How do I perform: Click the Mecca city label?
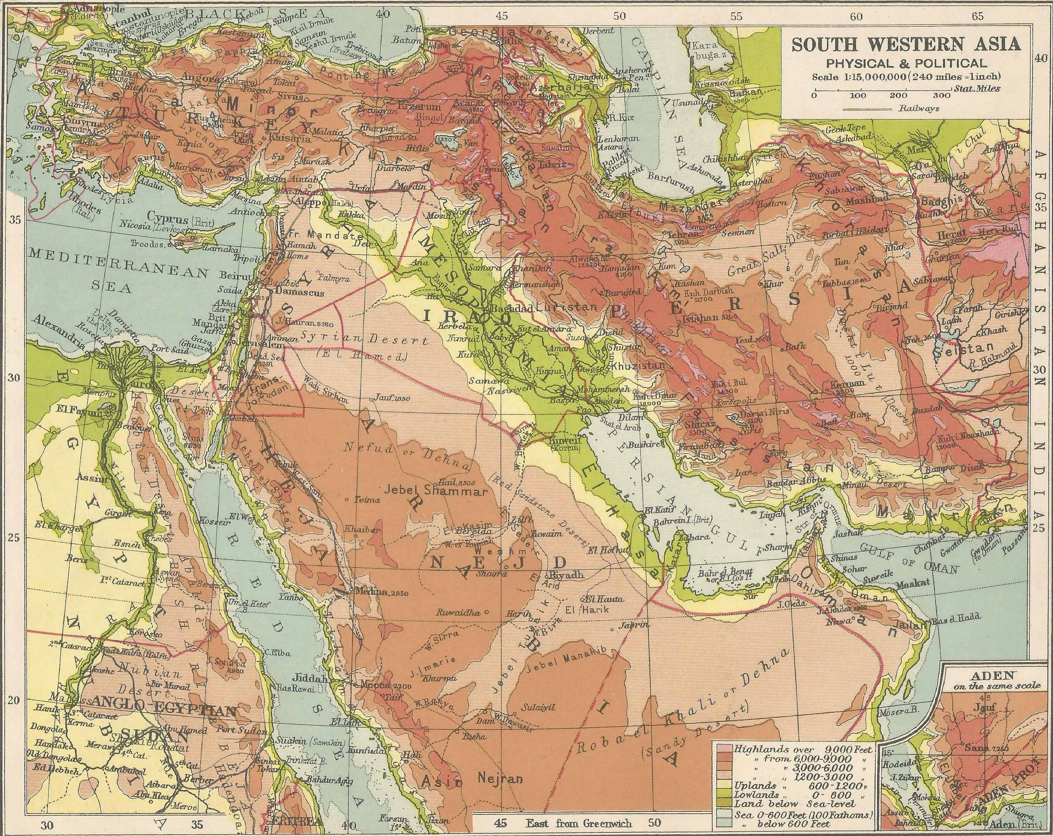click(x=375, y=685)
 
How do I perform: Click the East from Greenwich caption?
click(x=579, y=823)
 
